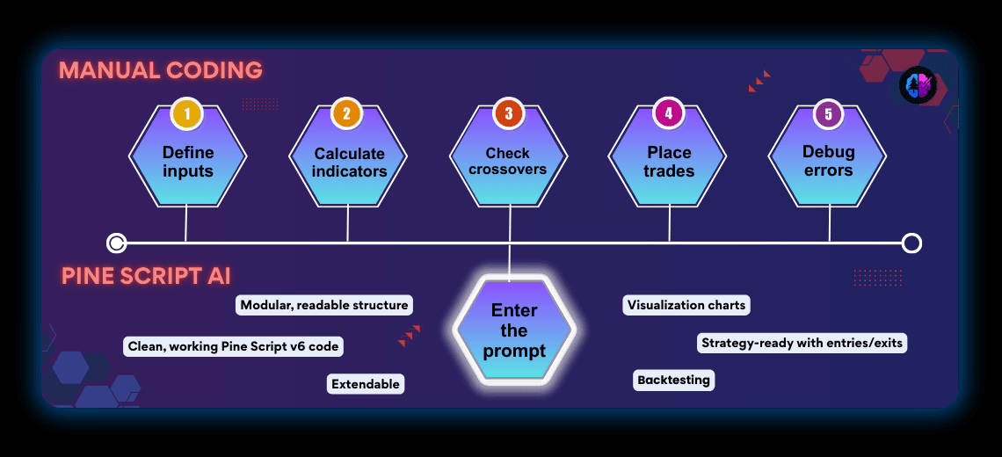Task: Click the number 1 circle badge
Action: click(187, 114)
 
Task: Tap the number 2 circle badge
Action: click(347, 114)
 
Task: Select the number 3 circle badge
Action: click(508, 114)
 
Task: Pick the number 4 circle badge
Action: click(669, 114)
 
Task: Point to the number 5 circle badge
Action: click(828, 114)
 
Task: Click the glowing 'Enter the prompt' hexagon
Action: click(514, 330)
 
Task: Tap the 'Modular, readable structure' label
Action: click(324, 305)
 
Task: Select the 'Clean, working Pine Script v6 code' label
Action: click(233, 346)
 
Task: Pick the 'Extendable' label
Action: click(366, 384)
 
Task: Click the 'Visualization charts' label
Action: click(686, 306)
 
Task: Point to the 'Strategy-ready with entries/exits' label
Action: click(802, 343)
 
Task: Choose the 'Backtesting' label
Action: click(674, 380)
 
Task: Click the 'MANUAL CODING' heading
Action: click(161, 70)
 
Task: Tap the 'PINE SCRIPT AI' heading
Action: click(146, 276)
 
